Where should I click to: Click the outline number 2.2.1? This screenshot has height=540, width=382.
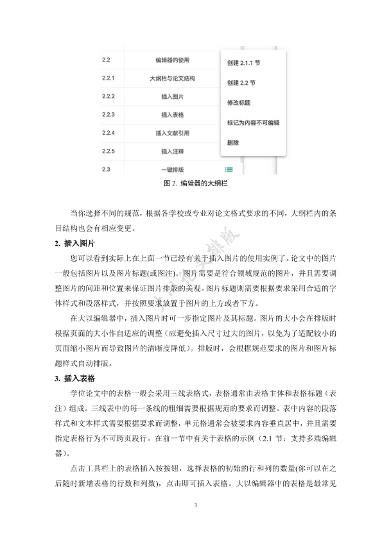point(108,78)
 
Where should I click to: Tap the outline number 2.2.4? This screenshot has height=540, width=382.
point(108,133)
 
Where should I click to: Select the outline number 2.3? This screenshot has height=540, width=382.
point(107,169)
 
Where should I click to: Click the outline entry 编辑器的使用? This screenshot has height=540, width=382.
point(173,60)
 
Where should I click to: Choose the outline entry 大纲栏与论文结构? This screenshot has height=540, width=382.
point(173,78)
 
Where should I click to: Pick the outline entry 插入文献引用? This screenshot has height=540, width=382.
point(173,133)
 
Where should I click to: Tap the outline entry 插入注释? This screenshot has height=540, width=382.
point(173,151)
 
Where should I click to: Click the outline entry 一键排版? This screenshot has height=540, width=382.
point(173,169)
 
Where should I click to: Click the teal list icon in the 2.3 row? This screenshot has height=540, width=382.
point(229,169)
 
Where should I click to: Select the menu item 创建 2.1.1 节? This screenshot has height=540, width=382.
point(243,63)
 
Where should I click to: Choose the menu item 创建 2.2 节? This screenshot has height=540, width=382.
point(241,83)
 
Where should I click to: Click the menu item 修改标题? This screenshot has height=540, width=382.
point(239,103)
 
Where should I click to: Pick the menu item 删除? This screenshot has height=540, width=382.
point(233,142)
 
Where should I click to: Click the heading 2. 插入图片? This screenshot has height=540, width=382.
point(75,243)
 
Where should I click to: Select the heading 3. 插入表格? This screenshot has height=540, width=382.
point(75,376)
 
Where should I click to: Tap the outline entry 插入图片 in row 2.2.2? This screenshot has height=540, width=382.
point(173,96)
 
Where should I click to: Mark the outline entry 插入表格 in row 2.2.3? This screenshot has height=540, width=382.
point(173,115)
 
